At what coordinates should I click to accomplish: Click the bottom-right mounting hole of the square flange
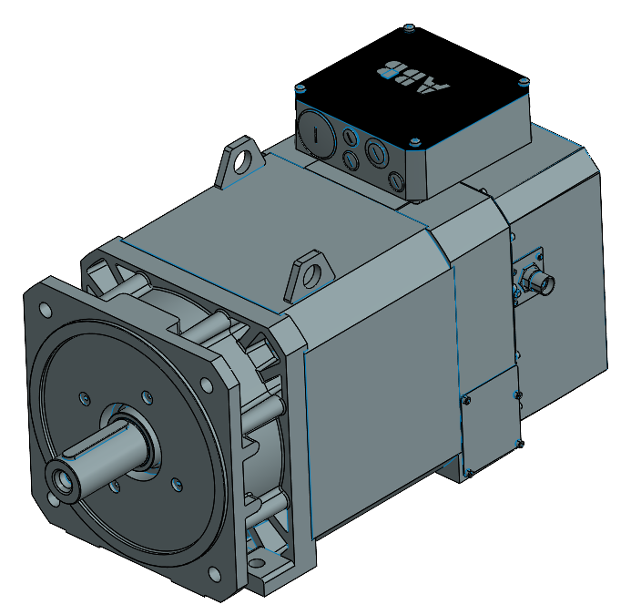click(215, 572)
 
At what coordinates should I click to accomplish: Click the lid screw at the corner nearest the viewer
click(415, 141)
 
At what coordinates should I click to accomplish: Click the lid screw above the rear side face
click(526, 81)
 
